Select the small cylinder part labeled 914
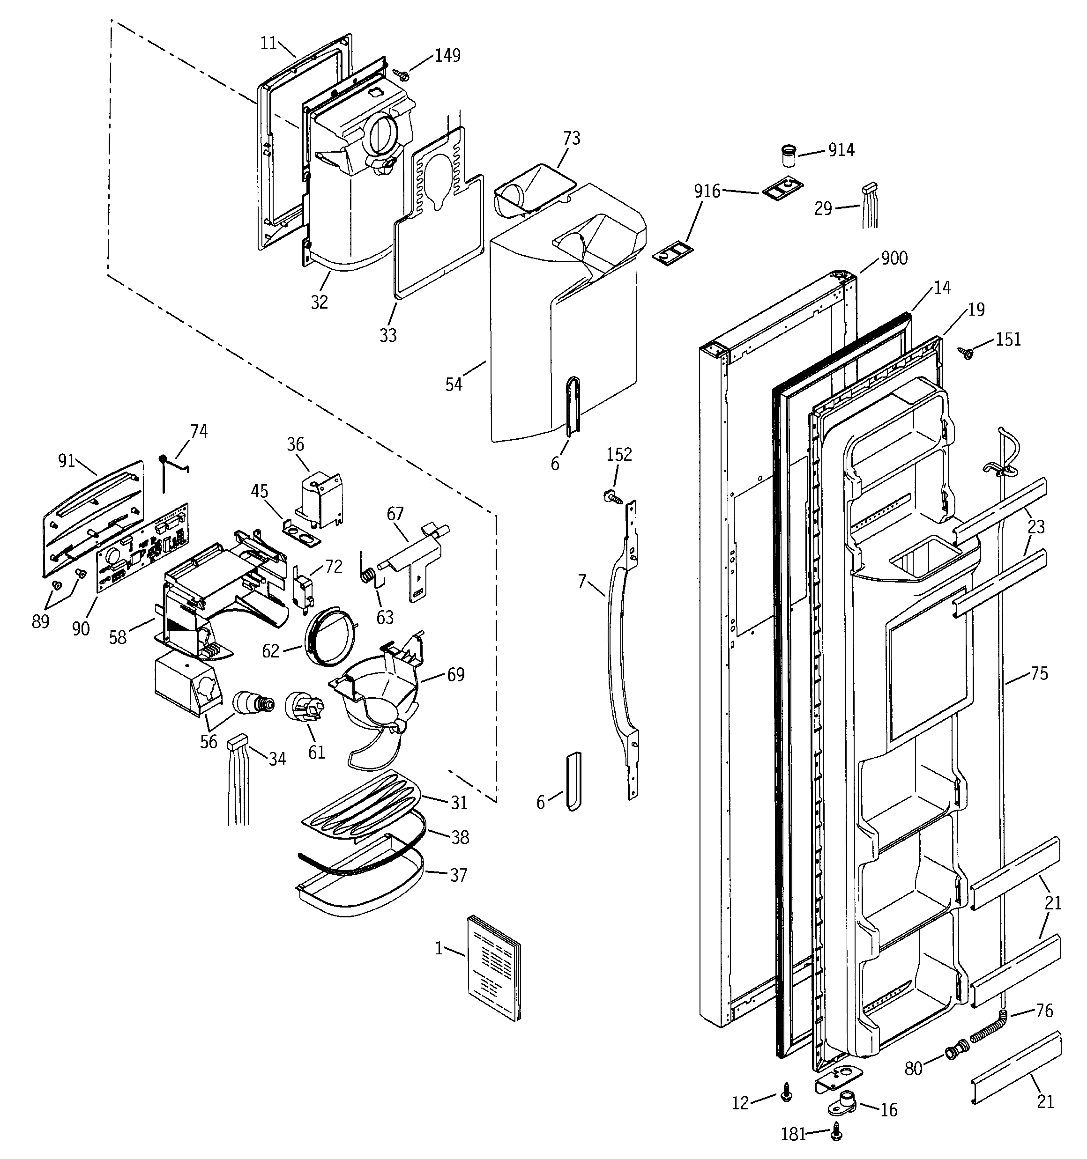click(789, 157)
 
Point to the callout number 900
click(894, 258)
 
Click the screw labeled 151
click(966, 353)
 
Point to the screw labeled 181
click(838, 1131)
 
